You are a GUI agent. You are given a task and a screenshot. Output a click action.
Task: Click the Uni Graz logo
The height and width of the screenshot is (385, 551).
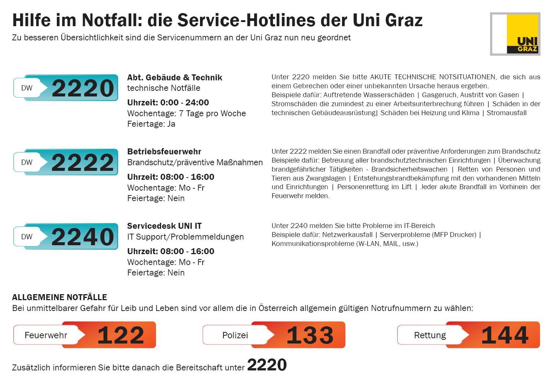pyautogui.click(x=515, y=34)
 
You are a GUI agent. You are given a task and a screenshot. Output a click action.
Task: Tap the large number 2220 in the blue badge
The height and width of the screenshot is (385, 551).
pyautogui.click(x=83, y=88)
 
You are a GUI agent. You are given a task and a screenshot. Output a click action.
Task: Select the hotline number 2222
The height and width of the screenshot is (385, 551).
pyautogui.click(x=83, y=163)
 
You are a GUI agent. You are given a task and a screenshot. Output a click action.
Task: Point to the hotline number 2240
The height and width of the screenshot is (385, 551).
pyautogui.click(x=83, y=237)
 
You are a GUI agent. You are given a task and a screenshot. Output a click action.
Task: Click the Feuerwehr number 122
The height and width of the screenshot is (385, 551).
pyautogui.click(x=121, y=335)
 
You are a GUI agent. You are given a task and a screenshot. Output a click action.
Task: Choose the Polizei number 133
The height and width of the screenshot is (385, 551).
pyautogui.click(x=310, y=335)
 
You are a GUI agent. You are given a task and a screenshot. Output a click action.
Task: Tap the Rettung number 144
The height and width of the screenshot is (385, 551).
pyautogui.click(x=505, y=335)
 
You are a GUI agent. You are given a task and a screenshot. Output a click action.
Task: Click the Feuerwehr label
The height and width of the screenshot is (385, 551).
pyautogui.click(x=46, y=335)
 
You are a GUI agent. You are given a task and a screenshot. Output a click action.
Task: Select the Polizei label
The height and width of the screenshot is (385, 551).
pyautogui.click(x=235, y=335)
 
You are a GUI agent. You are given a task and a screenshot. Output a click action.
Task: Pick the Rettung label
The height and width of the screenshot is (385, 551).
pyautogui.click(x=430, y=335)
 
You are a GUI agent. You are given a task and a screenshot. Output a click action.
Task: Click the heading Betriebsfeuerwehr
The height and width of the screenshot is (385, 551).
pyautogui.click(x=164, y=152)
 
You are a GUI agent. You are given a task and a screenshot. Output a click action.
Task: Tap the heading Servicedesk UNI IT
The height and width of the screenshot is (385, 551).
pyautogui.click(x=164, y=226)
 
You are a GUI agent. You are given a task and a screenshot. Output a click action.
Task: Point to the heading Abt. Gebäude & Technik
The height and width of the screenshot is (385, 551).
pyautogui.click(x=175, y=78)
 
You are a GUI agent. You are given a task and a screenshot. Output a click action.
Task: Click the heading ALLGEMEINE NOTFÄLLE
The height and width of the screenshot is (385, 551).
pyautogui.click(x=59, y=298)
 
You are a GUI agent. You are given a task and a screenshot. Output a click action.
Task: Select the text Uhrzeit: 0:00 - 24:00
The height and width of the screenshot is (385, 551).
pyautogui.click(x=168, y=103)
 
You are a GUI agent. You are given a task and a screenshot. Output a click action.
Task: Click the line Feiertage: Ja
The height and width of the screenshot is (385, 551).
pyautogui.click(x=151, y=124)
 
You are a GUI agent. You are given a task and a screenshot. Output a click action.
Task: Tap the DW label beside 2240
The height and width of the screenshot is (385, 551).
pyautogui.click(x=27, y=237)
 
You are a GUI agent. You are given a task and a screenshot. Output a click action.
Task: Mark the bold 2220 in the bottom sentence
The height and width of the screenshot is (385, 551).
pyautogui.click(x=267, y=365)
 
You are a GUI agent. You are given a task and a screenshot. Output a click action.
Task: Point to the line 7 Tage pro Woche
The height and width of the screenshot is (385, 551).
pyautogui.click(x=212, y=114)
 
